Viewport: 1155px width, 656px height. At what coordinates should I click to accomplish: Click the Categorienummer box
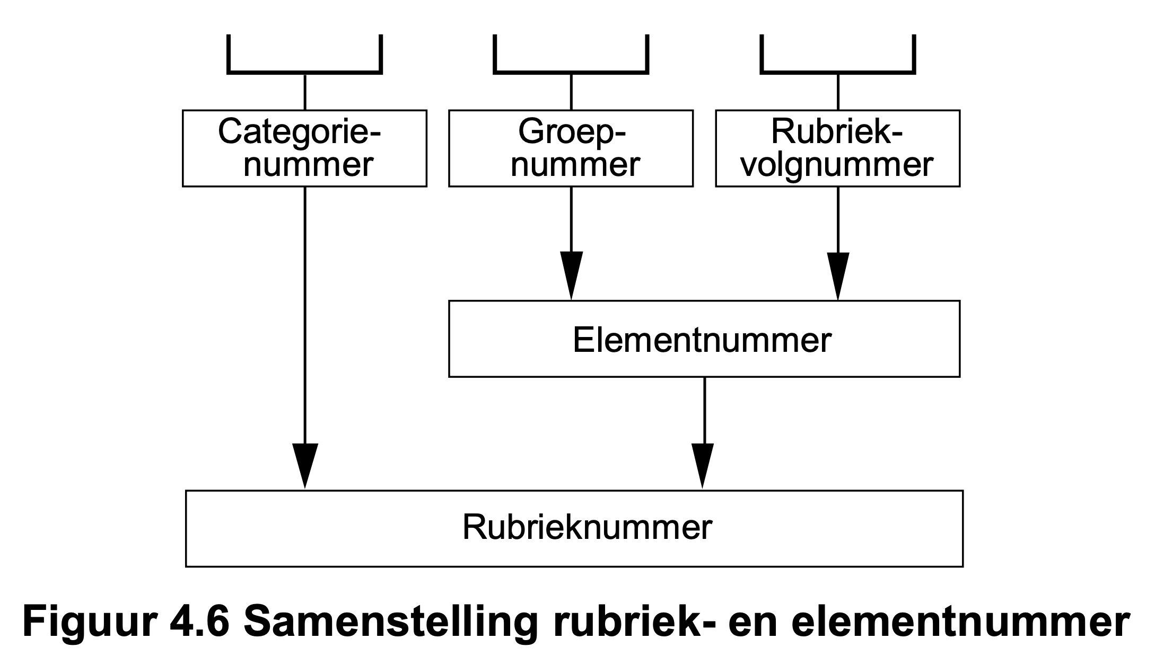304,148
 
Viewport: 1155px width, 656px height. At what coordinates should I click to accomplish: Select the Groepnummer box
571,148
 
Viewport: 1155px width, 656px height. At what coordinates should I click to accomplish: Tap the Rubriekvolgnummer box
837,148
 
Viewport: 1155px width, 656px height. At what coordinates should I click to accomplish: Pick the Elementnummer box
704,339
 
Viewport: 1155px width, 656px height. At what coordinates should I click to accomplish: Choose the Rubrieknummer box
574,528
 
